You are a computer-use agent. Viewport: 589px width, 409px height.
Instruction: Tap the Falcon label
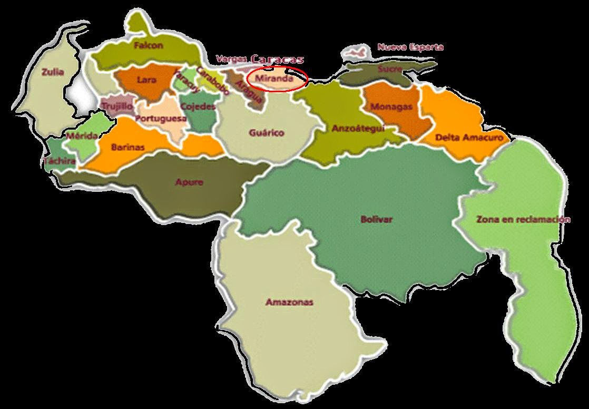coord(148,45)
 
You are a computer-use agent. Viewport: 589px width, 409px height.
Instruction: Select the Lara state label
coord(146,80)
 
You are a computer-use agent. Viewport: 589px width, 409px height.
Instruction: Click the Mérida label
coord(82,136)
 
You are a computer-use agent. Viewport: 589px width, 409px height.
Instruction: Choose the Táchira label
coord(60,161)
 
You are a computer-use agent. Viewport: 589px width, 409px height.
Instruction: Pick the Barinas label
coord(128,148)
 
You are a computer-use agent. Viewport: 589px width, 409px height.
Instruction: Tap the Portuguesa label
coord(161,119)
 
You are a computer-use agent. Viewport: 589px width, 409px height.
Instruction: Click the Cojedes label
coord(198,106)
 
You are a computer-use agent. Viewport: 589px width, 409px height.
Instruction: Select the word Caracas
coord(278,60)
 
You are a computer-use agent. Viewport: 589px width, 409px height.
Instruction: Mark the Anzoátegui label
coord(358,128)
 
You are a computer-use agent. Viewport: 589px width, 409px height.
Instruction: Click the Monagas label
coord(391,106)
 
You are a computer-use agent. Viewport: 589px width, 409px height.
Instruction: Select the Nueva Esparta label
coord(410,47)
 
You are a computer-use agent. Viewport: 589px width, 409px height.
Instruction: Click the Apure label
coord(189,183)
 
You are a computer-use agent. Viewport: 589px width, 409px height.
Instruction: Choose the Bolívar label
coord(377,220)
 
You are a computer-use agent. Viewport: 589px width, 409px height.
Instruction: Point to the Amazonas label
coord(289,302)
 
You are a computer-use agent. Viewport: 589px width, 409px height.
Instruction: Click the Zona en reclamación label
coord(523,219)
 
